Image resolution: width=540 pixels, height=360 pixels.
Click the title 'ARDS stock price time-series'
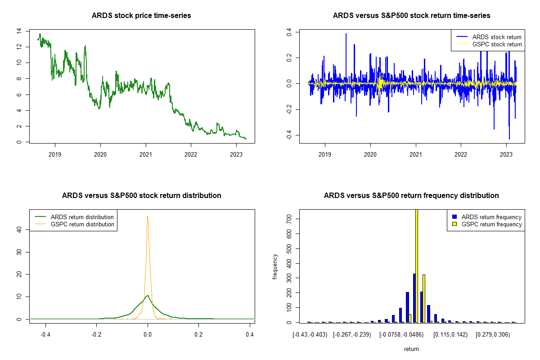(141, 16)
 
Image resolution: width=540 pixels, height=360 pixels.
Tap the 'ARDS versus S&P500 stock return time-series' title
(411, 16)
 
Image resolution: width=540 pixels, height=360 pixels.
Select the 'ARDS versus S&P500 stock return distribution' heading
(141, 196)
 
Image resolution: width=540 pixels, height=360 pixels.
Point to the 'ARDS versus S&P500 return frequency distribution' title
(411, 196)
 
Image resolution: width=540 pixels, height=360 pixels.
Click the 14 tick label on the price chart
(18, 31)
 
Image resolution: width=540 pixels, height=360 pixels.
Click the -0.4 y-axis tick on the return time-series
(288, 136)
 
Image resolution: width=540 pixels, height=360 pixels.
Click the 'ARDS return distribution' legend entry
(82, 217)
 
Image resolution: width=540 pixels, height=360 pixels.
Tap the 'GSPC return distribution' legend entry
(82, 224)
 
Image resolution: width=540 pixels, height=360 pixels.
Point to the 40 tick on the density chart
(18, 229)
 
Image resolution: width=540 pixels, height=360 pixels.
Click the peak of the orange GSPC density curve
(147, 216)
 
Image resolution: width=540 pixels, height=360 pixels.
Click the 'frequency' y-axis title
(275, 266)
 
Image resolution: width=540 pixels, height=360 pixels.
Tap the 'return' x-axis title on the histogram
(411, 349)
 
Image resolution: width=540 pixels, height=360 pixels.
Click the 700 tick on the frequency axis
(288, 219)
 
